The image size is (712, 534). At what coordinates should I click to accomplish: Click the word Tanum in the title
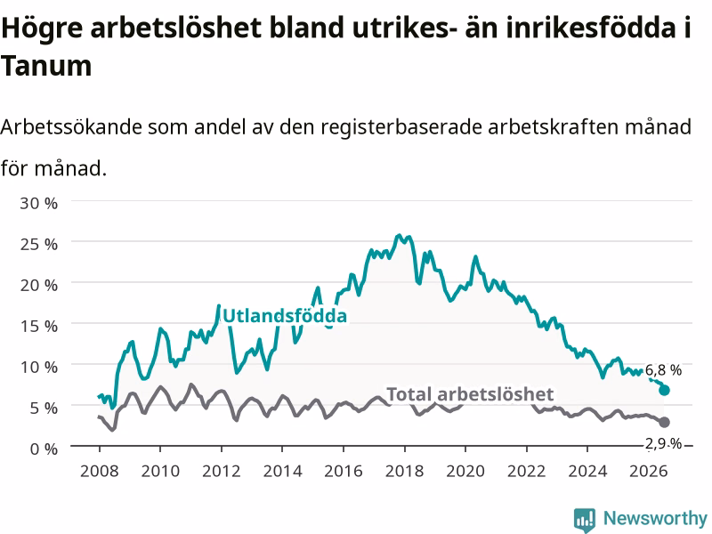(x=46, y=66)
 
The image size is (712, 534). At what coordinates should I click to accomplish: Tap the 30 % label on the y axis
(x=38, y=203)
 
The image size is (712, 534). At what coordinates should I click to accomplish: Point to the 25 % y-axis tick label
(x=38, y=244)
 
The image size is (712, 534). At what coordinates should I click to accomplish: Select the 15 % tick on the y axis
(x=38, y=326)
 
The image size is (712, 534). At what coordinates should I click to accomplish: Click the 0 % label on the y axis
(x=44, y=449)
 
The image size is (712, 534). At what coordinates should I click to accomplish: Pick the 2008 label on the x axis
(x=99, y=471)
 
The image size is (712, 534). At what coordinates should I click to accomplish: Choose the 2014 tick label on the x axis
(x=282, y=471)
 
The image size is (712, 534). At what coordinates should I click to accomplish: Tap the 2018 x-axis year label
(x=404, y=471)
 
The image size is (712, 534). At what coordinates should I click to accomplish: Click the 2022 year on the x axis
(x=526, y=471)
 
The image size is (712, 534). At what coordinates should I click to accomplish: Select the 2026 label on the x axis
(x=649, y=471)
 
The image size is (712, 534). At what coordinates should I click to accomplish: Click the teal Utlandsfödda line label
(x=285, y=316)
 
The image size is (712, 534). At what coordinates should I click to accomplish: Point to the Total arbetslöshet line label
(x=470, y=394)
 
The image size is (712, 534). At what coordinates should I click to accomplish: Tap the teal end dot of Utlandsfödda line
(x=664, y=390)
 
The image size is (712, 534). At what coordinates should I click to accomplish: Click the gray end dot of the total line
(x=664, y=422)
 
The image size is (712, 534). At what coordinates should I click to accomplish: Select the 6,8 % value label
(x=663, y=370)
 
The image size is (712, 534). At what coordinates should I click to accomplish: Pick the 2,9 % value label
(x=663, y=443)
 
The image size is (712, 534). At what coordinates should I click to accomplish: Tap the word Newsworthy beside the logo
(x=655, y=518)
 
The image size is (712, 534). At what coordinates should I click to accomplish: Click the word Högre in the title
(x=42, y=28)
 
